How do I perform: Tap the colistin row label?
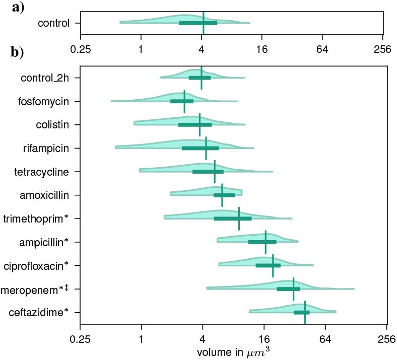pos(52,124)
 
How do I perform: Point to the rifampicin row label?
pos(46,148)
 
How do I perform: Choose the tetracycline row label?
pos(41,172)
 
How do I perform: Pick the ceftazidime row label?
pos(39,313)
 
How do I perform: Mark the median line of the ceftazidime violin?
pos(305,313)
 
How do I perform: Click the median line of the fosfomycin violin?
pos(184,101)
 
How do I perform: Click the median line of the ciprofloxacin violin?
pos(273,265)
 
